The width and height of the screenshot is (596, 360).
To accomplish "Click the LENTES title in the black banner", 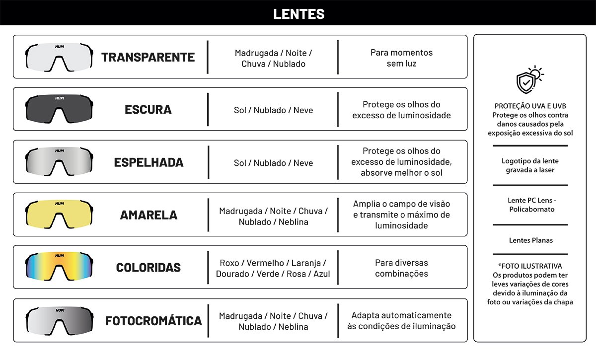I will click(298, 14).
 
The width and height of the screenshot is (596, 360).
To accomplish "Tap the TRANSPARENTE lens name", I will click(148, 57).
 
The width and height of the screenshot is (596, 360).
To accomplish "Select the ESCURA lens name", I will click(148, 110).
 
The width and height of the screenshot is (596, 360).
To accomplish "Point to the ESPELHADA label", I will click(149, 162).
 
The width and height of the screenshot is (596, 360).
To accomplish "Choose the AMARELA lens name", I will click(149, 215).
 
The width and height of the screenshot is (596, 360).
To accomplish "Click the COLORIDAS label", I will click(149, 268).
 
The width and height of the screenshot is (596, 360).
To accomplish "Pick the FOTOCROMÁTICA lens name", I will click(153, 321).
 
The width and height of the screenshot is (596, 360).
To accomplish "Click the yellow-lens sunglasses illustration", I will click(59, 212).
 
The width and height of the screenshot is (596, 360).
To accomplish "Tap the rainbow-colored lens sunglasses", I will click(59, 265).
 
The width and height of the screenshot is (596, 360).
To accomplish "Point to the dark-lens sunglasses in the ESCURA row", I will click(59, 107).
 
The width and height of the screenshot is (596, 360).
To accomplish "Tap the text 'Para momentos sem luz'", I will click(401, 58).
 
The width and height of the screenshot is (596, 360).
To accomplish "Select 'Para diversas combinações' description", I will click(401, 268).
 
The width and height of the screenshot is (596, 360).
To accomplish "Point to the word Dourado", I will click(232, 274).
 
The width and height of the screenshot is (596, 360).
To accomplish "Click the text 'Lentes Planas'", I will click(530, 240).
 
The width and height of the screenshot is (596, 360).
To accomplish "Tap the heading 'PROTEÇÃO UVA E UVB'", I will click(530, 106).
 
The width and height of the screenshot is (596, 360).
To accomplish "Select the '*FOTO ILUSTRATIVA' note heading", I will click(530, 266).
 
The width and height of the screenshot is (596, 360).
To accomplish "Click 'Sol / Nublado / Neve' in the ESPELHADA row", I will click(273, 163).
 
